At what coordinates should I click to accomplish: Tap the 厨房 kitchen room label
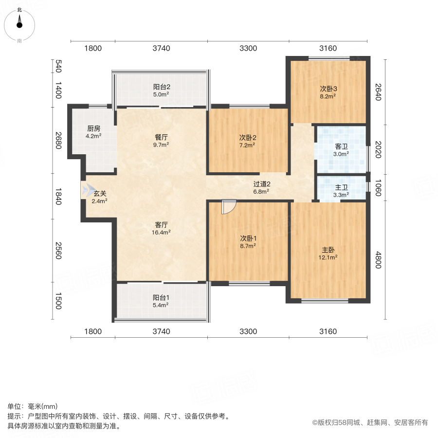point(93,128)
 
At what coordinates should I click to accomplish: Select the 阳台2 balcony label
point(161,87)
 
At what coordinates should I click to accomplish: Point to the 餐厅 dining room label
point(161,137)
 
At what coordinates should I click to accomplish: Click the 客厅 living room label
point(161,225)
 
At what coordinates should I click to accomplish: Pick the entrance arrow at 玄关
point(88,190)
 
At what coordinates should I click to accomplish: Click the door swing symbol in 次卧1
point(227,207)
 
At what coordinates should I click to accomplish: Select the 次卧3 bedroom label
point(328,89)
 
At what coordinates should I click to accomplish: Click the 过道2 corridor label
point(261,184)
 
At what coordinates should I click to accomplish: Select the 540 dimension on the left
point(58,66)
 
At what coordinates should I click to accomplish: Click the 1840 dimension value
point(58,196)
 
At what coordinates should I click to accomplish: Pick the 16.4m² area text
point(161,233)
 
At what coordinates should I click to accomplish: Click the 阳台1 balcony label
point(161,297)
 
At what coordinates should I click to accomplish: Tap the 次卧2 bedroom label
point(247,137)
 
